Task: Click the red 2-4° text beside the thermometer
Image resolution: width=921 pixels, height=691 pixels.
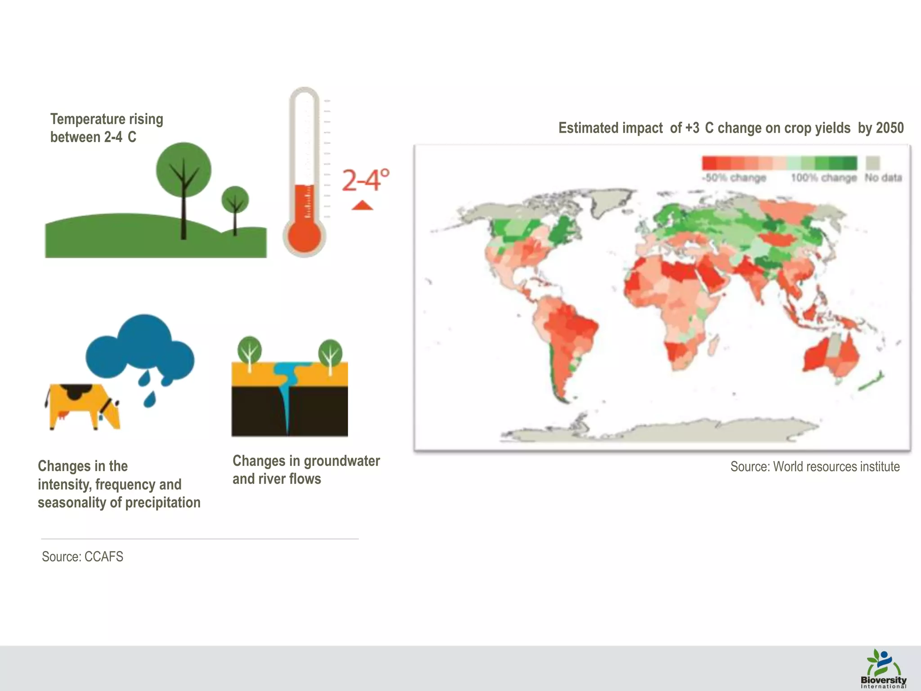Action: [365, 180]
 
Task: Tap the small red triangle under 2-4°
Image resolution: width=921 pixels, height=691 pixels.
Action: [362, 206]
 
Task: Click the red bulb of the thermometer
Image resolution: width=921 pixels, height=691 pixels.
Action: [304, 235]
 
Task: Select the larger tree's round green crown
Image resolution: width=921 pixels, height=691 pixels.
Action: [183, 170]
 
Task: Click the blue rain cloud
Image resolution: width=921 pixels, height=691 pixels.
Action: [140, 349]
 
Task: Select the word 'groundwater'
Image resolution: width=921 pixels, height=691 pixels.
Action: [342, 461]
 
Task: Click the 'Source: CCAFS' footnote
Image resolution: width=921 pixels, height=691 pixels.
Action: [82, 557]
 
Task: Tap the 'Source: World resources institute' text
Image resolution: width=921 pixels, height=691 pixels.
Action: [814, 467]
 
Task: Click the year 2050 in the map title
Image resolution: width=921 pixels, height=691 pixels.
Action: [890, 128]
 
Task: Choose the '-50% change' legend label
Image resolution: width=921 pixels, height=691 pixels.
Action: [733, 178]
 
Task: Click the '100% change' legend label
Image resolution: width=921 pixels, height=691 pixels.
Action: [823, 178]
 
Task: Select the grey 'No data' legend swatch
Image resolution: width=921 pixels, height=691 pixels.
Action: [873, 163]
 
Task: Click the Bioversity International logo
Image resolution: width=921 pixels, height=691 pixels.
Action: [883, 669]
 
